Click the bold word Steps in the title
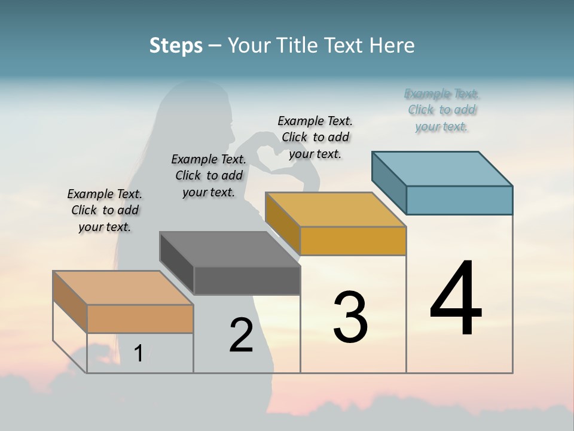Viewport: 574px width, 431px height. click(176, 45)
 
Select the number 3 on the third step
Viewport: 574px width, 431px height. click(350, 317)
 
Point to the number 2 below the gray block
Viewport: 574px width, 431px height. click(241, 335)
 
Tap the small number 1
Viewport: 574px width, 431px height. click(138, 353)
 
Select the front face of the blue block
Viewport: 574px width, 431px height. click(459, 200)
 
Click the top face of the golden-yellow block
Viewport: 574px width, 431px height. click(335, 210)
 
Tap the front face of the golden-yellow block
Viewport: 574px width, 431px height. click(353, 241)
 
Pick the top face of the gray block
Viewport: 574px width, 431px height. click(230, 249)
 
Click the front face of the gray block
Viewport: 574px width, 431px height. click(247, 280)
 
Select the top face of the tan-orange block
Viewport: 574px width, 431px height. click(123, 288)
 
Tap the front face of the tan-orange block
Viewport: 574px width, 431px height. click(140, 318)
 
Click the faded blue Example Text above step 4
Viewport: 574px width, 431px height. click(442, 110)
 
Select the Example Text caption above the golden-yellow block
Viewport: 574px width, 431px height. click(315, 137)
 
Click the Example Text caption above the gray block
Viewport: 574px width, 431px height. click(209, 175)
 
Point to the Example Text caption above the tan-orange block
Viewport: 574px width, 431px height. click(105, 210)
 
